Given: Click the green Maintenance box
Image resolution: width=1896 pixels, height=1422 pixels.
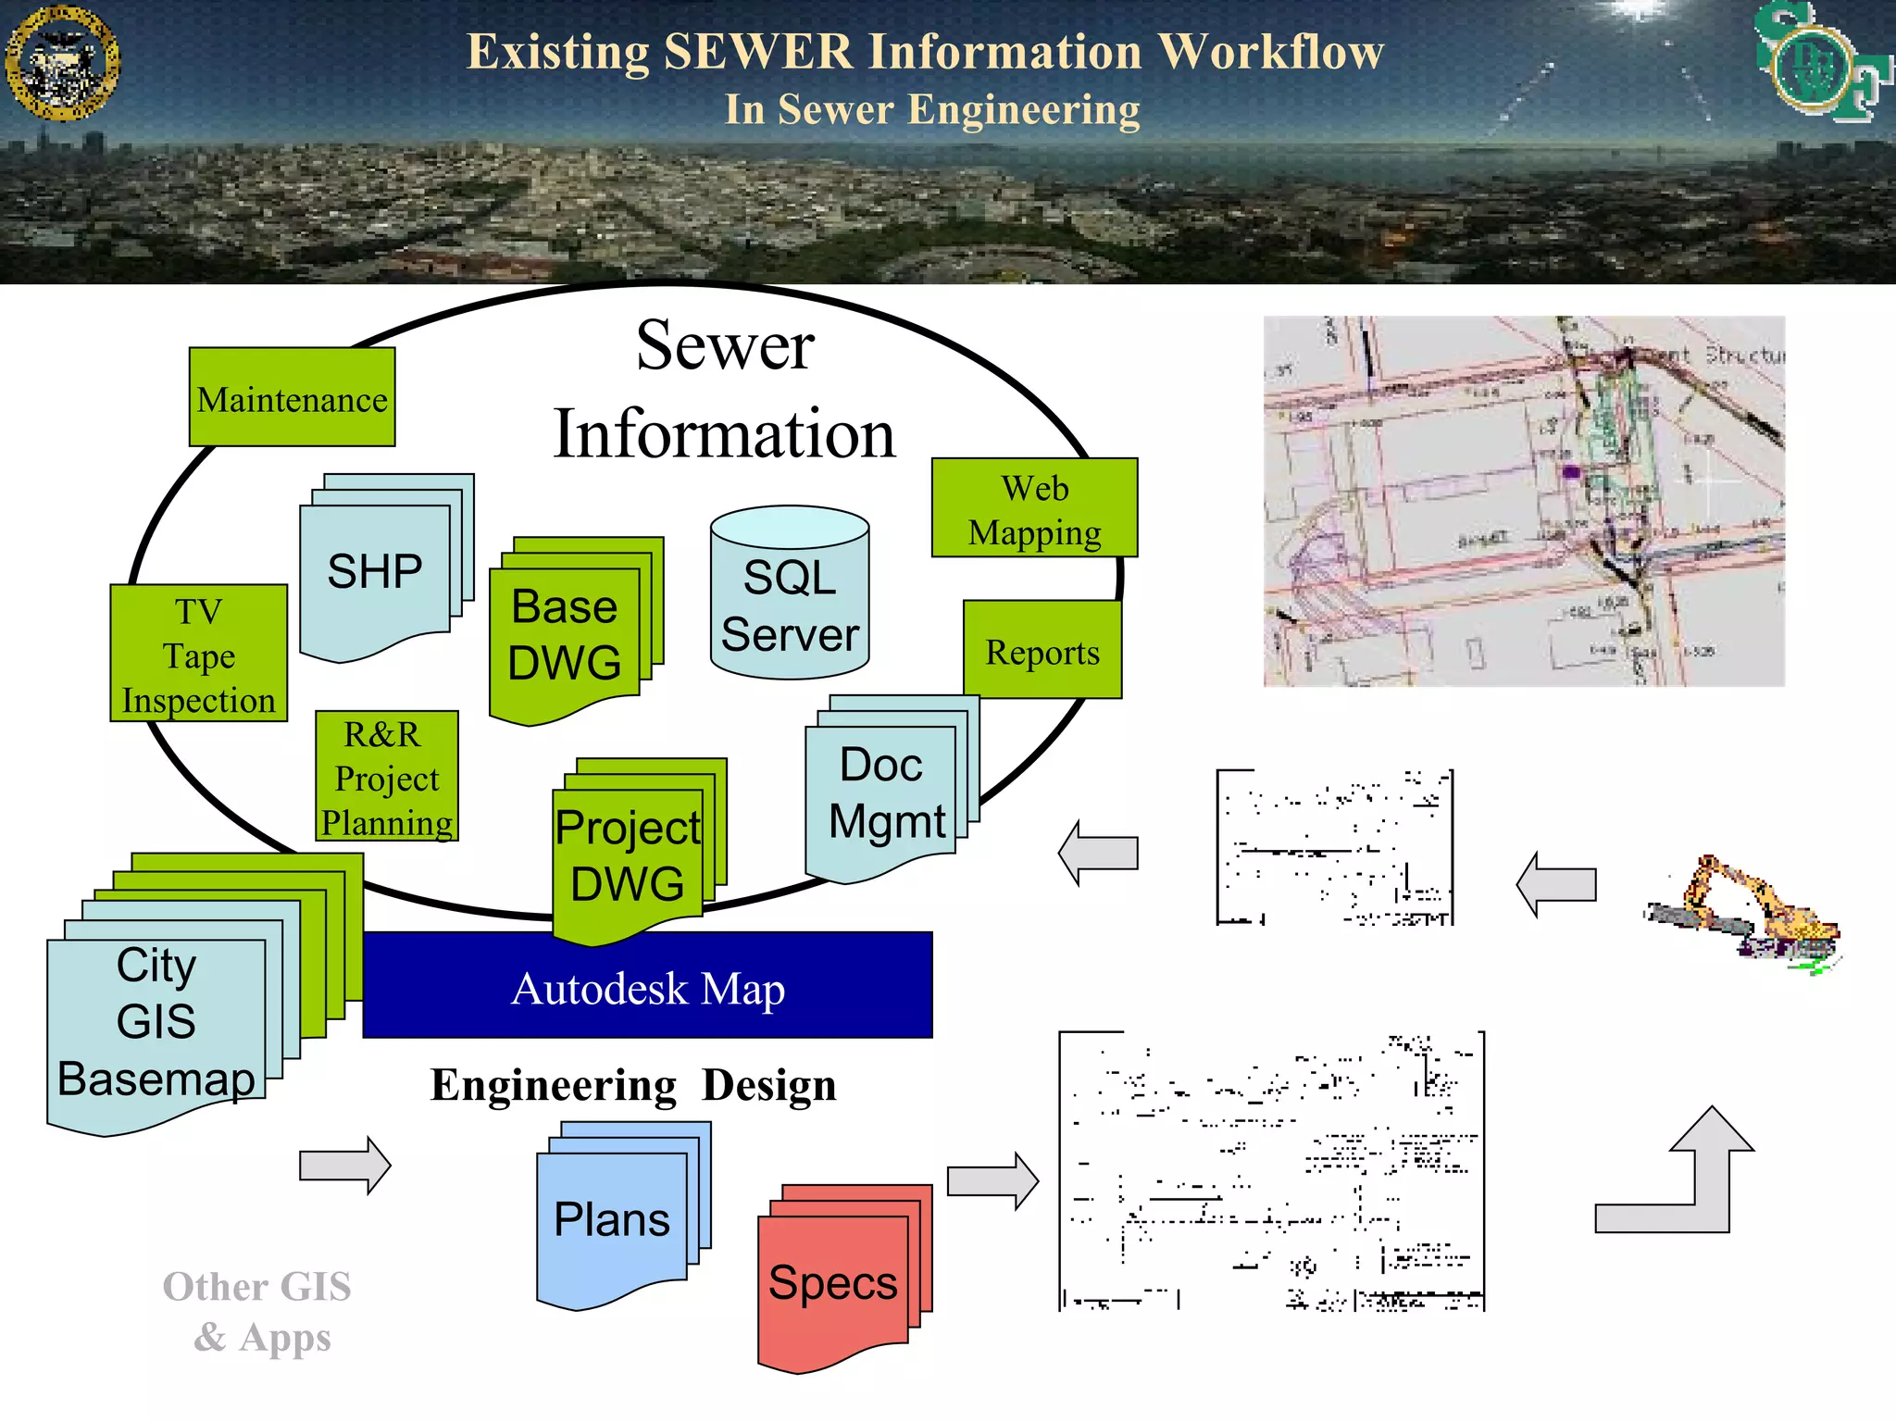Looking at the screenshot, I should coord(292,398).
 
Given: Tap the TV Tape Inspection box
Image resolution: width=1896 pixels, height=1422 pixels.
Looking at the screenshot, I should coord(198,654).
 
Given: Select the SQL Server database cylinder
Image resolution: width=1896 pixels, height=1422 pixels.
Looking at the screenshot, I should coord(790,593).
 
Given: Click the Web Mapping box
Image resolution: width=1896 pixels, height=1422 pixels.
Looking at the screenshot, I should coord(1034,508).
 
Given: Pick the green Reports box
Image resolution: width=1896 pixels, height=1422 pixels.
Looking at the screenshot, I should coord(1042,651).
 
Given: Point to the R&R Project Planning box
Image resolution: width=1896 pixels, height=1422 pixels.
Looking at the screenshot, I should coord(386,777).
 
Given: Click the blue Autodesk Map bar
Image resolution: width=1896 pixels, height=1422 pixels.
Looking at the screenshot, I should coord(647,987).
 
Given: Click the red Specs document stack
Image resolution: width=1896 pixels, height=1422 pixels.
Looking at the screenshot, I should coord(833,1282).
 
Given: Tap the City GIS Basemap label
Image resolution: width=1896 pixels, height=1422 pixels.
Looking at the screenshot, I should coord(156,1022).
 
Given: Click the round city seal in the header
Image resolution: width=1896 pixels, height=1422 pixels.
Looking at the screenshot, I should coord(62,63).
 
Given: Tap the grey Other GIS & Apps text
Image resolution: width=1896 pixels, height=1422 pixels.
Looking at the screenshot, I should coord(258,1311).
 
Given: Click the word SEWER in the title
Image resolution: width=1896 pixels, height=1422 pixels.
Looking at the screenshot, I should coord(758,52).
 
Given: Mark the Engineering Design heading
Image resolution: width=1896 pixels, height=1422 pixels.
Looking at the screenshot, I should coord(633,1085).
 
